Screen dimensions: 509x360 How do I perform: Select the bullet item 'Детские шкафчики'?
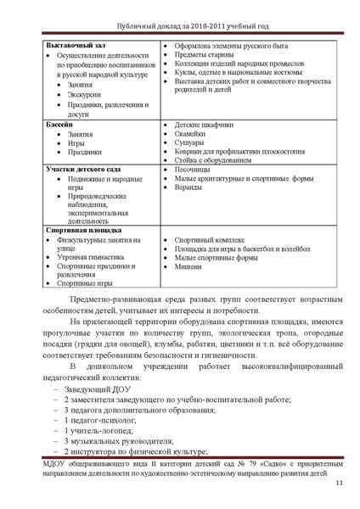pos(205,124)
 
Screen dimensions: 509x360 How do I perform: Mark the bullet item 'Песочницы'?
pos(193,170)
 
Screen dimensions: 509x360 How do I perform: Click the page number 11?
pos(338,484)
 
